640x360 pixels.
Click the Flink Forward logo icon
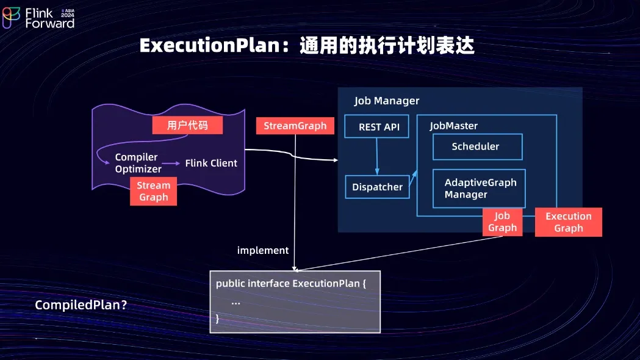pyautogui.click(x=11, y=18)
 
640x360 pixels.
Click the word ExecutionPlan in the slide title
pyautogui.click(x=209, y=45)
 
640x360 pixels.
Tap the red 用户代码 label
pyautogui.click(x=187, y=125)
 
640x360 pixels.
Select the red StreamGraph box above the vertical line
pyautogui.click(x=295, y=126)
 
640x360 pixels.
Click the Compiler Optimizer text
pyautogui.click(x=138, y=163)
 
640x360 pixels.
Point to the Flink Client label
pyautogui.click(x=211, y=164)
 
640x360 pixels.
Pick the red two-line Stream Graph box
pyautogui.click(x=154, y=191)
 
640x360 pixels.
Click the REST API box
pyautogui.click(x=376, y=126)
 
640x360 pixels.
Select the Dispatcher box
pyautogui.click(x=377, y=187)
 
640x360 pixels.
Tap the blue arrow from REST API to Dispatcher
pyautogui.click(x=376, y=156)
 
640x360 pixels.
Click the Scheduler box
pyautogui.click(x=478, y=146)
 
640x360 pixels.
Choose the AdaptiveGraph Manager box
pyautogui.click(x=479, y=189)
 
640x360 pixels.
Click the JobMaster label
pyautogui.click(x=453, y=126)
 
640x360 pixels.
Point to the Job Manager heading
pyautogui.click(x=387, y=101)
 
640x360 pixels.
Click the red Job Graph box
pyautogui.click(x=503, y=222)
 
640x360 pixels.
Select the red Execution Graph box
pyautogui.click(x=569, y=222)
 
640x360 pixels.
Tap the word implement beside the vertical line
pyautogui.click(x=263, y=250)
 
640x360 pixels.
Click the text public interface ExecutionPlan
pyautogui.click(x=288, y=283)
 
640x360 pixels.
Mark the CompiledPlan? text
pyautogui.click(x=81, y=305)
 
